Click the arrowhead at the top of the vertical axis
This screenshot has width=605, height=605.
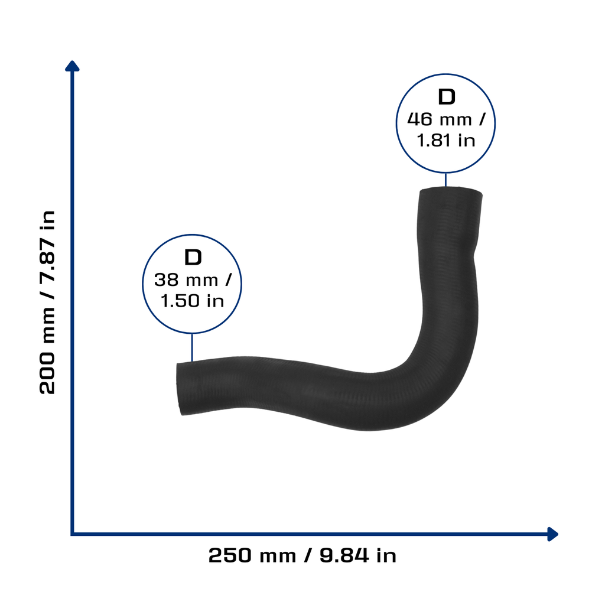tap(72, 66)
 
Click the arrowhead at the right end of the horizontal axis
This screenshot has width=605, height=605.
tap(553, 534)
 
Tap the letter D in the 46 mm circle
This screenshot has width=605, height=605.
tap(447, 97)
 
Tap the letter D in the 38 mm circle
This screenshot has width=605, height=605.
tap(193, 258)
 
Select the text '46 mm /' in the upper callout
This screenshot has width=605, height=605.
tap(446, 119)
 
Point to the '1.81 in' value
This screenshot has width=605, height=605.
tap(446, 141)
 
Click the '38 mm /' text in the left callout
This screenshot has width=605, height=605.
tap(193, 280)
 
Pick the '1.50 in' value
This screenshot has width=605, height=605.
tap(192, 301)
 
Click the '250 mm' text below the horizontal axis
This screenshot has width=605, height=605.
tap(252, 555)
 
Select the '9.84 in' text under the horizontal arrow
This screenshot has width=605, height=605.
tap(358, 555)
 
